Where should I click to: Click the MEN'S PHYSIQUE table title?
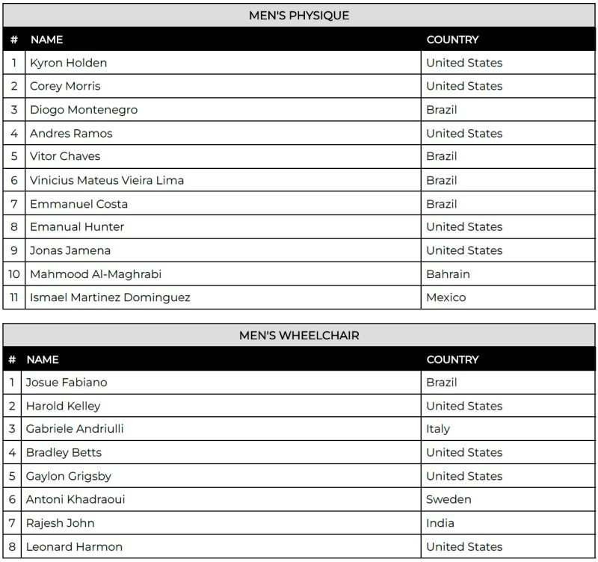[299, 15]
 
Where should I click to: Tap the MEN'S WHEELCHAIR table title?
[299, 336]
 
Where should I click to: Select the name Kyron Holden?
[68, 63]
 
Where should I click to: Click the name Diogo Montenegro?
[84, 110]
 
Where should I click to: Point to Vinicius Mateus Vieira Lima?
[107, 180]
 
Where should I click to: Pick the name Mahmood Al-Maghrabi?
[96, 274]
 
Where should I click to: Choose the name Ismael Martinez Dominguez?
[110, 297]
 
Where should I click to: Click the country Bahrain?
[448, 274]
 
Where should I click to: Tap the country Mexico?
[446, 297]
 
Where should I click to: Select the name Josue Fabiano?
[67, 383]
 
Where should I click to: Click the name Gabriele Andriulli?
[75, 429]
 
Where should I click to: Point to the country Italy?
[438, 429]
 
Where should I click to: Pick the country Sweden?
[449, 499]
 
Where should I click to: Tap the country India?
[440, 523]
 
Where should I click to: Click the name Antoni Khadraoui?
[75, 499]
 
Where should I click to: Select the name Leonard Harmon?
[74, 546]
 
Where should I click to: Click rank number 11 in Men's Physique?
[14, 297]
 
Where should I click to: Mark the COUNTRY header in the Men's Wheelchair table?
[452, 359]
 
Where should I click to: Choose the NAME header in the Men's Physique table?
[46, 40]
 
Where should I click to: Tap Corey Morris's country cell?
[464, 86]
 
